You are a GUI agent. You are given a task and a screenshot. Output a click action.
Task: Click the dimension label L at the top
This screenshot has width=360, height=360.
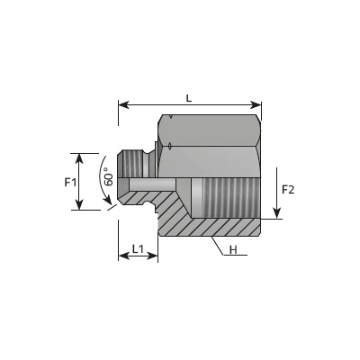point(188,98)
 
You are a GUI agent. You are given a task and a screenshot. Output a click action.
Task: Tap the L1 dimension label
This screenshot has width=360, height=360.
point(138,248)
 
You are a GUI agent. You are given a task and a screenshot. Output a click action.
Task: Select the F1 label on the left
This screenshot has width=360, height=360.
point(70,182)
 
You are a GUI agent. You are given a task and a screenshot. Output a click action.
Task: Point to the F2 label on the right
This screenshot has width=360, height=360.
point(288,190)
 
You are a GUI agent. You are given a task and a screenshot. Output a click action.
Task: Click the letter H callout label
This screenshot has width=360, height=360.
point(233,249)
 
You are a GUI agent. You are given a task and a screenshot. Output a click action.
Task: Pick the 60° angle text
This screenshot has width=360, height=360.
point(109,179)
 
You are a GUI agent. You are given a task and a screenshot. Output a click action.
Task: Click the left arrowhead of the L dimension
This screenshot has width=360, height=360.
point(123,105)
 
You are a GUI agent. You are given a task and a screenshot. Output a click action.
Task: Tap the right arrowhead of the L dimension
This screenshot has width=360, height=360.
point(256,105)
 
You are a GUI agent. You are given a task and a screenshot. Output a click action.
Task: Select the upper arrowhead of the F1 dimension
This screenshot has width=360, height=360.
point(79,158)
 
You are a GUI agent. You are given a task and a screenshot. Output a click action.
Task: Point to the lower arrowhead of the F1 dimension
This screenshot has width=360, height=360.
point(79,204)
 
